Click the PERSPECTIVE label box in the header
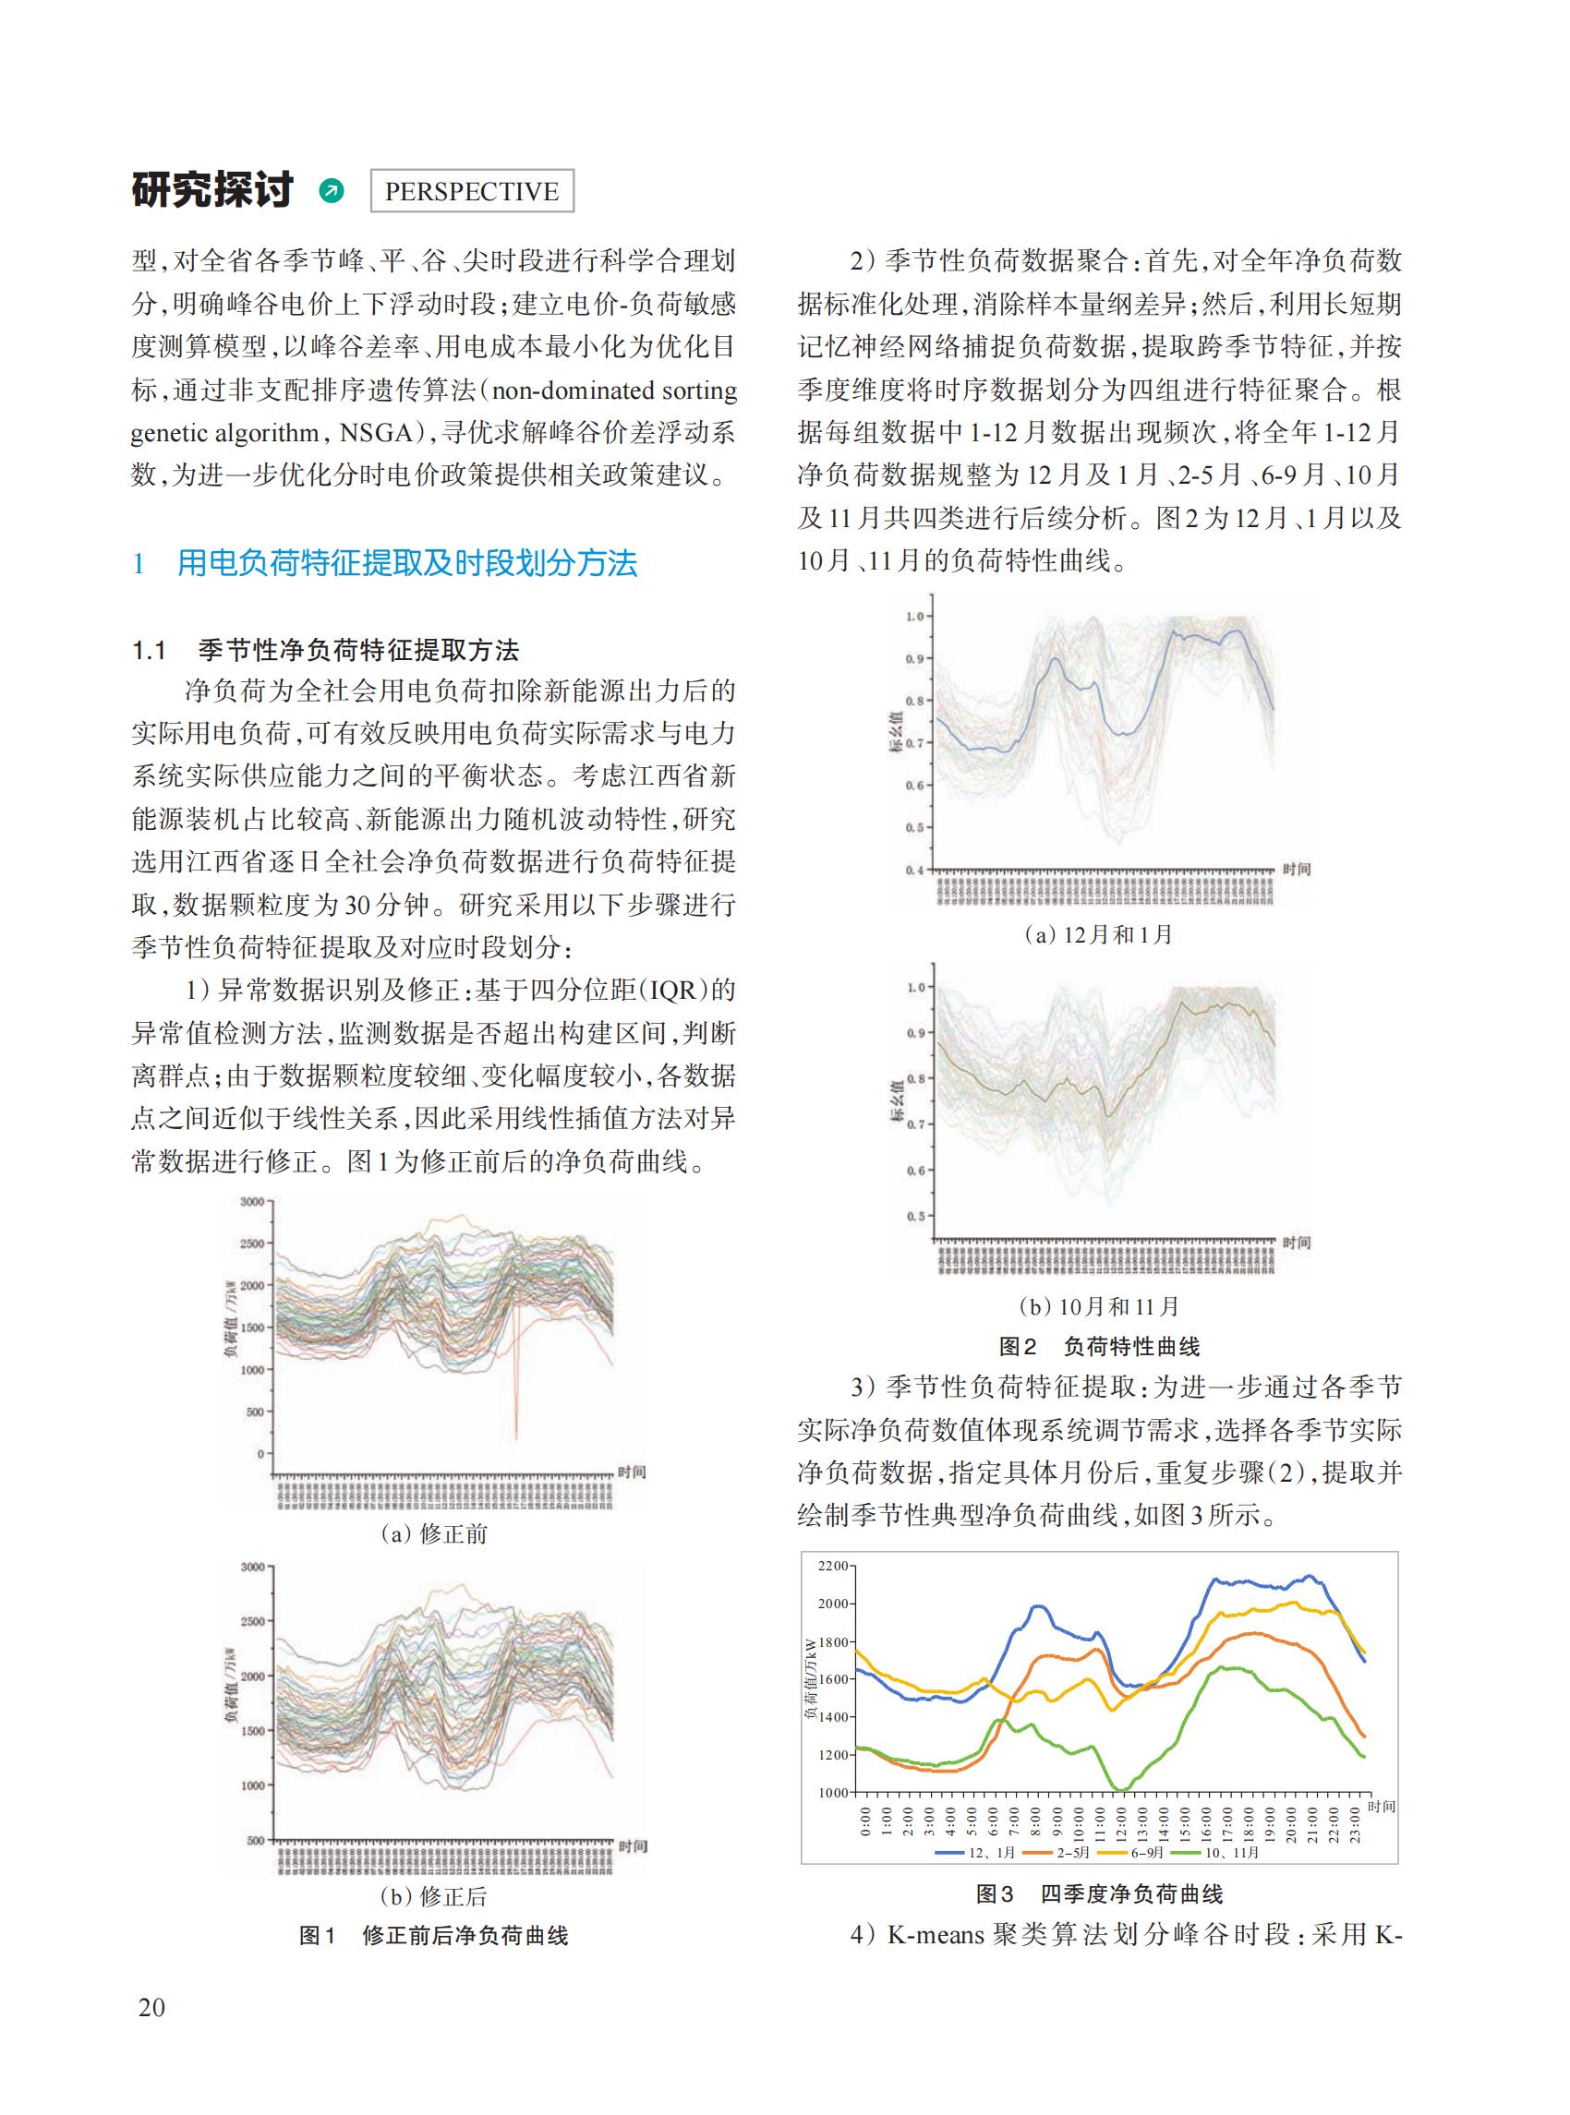(470, 191)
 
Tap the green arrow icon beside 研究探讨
(332, 191)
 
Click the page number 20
(151, 2007)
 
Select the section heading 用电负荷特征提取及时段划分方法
(406, 563)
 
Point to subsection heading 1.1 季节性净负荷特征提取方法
(325, 651)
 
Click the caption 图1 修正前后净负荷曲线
(433, 1935)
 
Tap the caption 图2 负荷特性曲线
(1099, 1346)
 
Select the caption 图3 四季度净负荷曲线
(1099, 1893)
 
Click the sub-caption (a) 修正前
(433, 1534)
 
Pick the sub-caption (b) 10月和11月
(1099, 1306)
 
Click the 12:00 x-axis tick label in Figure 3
(1122, 1822)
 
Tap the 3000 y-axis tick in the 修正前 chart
(251, 1202)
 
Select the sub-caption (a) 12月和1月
(1099, 935)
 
